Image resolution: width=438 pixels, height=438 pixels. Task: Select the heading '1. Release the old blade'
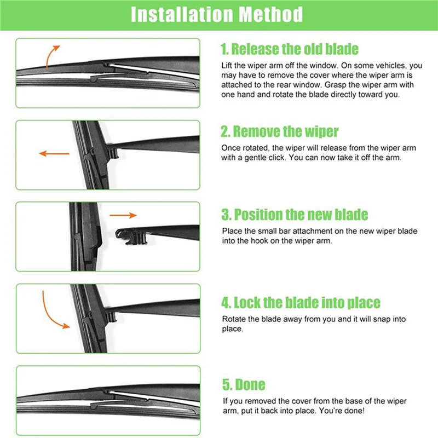tap(289, 49)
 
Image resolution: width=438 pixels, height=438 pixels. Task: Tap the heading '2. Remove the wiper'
tap(279, 132)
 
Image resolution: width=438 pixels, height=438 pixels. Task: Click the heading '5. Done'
tap(243, 385)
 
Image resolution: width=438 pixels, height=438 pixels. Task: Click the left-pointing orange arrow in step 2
tap(54, 154)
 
